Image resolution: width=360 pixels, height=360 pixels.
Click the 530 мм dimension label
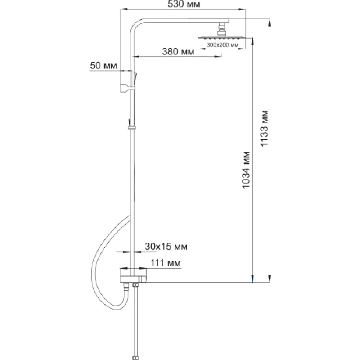[x=184, y=4]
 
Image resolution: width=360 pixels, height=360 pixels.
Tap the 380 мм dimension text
[x=178, y=51]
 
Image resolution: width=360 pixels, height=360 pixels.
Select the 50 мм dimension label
[x=103, y=66]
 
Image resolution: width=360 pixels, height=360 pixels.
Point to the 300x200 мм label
[x=222, y=45]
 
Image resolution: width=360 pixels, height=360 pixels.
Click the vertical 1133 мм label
[x=264, y=128]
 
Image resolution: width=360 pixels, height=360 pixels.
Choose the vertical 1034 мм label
[x=246, y=170]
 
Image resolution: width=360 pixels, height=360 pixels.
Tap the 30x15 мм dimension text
[x=166, y=247]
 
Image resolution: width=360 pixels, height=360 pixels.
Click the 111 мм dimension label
[x=165, y=263]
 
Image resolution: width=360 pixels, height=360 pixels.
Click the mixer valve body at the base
[x=133, y=275]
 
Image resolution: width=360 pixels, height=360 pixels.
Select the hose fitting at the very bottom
[x=135, y=358]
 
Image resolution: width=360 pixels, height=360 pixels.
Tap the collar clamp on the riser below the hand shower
[x=132, y=127]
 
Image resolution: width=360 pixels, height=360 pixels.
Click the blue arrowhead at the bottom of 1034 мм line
[x=252, y=279]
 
